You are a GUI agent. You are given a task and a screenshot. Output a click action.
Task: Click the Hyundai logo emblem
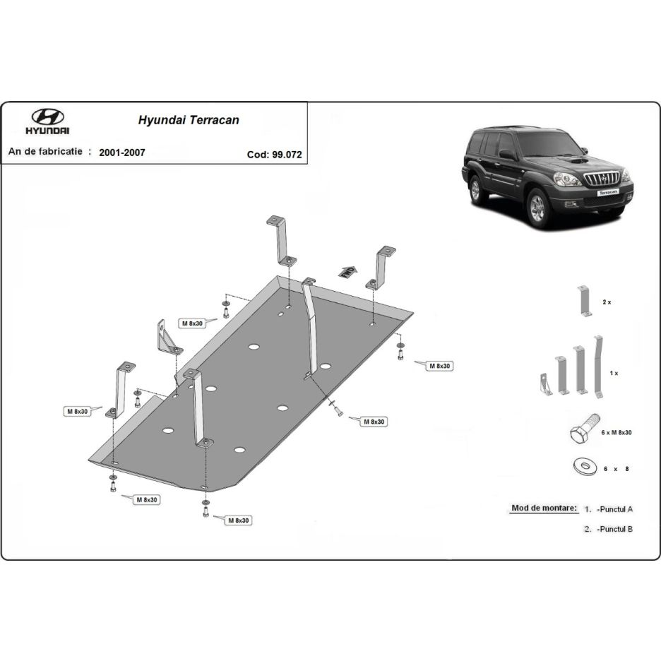click(x=47, y=117)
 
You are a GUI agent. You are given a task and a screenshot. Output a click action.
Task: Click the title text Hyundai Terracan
click(x=189, y=120)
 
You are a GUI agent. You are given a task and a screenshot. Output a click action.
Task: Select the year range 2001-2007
click(x=122, y=153)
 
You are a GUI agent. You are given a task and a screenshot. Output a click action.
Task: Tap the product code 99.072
click(x=287, y=155)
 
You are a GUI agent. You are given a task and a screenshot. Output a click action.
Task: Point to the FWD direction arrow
click(x=347, y=272)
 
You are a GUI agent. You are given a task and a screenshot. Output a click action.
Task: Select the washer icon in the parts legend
click(x=585, y=466)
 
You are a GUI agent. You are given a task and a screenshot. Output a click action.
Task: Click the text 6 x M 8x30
click(x=617, y=432)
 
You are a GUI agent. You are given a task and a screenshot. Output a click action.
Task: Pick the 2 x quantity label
click(x=607, y=302)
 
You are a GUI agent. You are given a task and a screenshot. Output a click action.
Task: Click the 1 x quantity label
click(x=614, y=373)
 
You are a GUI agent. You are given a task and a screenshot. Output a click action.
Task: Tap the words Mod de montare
click(x=544, y=508)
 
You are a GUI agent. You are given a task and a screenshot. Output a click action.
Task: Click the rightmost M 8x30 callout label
click(x=440, y=366)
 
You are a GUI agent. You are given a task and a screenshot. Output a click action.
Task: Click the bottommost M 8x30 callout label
click(x=239, y=520)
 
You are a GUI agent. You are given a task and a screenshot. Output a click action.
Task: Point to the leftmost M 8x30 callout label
click(x=78, y=411)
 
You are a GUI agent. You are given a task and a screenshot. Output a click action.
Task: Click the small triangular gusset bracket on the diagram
click(x=168, y=338)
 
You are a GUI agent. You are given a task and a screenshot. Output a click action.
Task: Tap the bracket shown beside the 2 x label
click(x=585, y=301)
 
